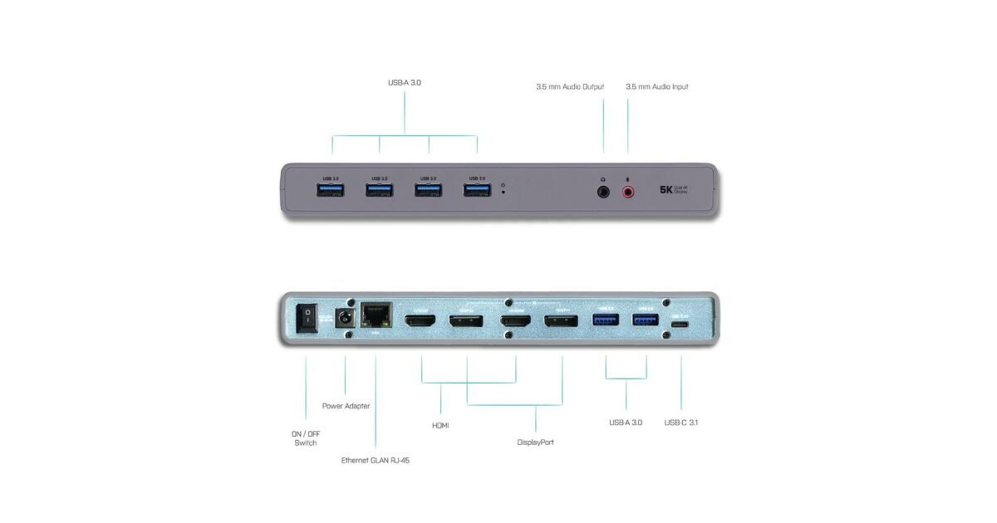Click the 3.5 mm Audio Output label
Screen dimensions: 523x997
pyautogui.click(x=569, y=86)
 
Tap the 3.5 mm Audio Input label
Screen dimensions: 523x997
pyautogui.click(x=656, y=86)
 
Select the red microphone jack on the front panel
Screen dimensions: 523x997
pyautogui.click(x=628, y=191)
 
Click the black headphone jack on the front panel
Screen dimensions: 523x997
pyautogui.click(x=603, y=191)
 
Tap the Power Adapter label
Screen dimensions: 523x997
pyautogui.click(x=346, y=406)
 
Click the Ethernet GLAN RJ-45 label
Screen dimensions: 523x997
pyautogui.click(x=376, y=460)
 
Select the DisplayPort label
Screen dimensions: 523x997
pyautogui.click(x=535, y=442)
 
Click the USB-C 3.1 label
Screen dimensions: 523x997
pyautogui.click(x=681, y=423)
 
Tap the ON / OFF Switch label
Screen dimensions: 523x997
pyautogui.click(x=305, y=437)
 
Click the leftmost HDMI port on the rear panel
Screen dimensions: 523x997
pyautogui.click(x=421, y=320)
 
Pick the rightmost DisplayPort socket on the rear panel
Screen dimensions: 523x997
pyautogui.click(x=562, y=320)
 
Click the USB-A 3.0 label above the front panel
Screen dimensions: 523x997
pyautogui.click(x=405, y=83)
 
